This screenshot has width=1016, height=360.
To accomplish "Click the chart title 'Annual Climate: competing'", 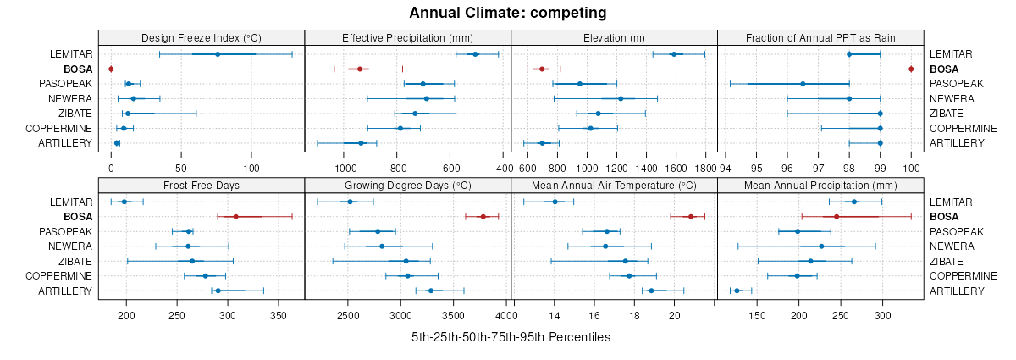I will click(507, 13).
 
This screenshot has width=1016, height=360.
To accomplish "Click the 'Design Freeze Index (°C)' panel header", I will click(201, 37).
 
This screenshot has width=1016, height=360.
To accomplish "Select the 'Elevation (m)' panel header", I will click(614, 37).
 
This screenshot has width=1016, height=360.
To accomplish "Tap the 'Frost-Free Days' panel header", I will click(201, 185).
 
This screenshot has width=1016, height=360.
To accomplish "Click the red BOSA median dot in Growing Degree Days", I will click(483, 217).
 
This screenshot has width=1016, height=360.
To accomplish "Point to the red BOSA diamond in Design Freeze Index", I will click(111, 69).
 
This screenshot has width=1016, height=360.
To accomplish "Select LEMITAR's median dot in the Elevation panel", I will click(674, 54).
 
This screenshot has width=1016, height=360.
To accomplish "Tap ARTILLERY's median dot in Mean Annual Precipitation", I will click(737, 291).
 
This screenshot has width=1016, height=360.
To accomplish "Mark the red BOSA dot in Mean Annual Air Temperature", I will click(691, 217).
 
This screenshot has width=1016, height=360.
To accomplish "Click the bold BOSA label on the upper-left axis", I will click(78, 69).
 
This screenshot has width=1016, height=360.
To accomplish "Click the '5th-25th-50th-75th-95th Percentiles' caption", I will click(511, 337).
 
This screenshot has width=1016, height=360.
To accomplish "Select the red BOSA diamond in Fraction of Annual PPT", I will click(911, 69).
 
